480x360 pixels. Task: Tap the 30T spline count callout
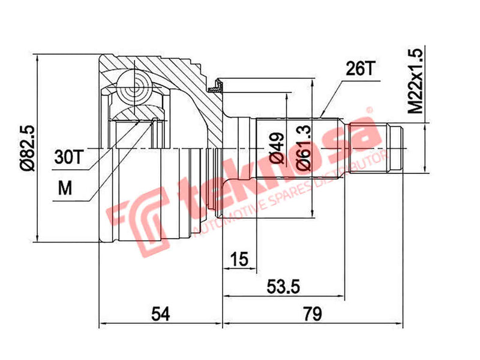tap(67, 158)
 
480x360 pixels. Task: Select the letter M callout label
tap(64, 188)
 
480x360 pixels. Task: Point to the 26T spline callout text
tap(359, 69)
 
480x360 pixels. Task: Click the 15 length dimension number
tap(239, 259)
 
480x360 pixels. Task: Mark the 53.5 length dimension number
tap(283, 287)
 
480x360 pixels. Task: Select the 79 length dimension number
tap(313, 313)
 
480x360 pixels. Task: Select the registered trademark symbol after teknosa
tap(370, 110)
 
